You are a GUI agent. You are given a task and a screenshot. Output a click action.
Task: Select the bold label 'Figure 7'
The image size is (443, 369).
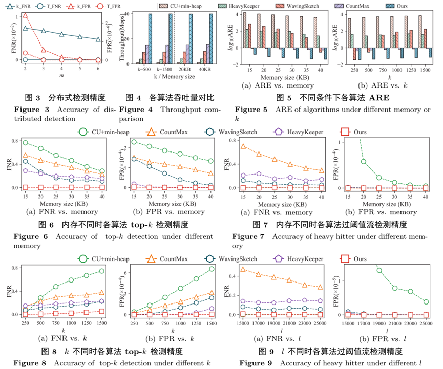248,236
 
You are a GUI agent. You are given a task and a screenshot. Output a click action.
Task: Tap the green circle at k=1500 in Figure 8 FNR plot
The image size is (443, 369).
101,271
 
